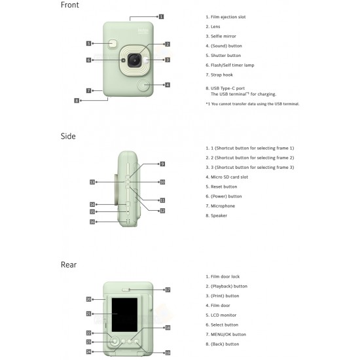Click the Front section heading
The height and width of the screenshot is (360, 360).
click(x=70, y=5)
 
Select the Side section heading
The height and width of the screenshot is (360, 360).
click(x=68, y=136)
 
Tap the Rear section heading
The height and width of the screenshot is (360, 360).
click(x=69, y=264)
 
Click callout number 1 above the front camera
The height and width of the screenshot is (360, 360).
click(x=162, y=16)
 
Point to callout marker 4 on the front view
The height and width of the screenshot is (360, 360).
click(x=168, y=85)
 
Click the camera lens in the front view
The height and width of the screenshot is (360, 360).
click(x=135, y=61)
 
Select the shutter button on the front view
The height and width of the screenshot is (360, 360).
click(x=113, y=44)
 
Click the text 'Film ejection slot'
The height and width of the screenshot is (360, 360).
click(x=228, y=17)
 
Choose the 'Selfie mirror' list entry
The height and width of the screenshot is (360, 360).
click(x=223, y=36)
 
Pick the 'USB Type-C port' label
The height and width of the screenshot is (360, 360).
click(x=228, y=88)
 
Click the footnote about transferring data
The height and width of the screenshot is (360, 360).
click(x=253, y=104)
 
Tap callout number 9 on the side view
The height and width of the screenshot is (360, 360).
click(x=162, y=164)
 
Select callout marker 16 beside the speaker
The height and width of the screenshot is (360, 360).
click(x=92, y=222)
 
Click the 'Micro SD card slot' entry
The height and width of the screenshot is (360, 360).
click(x=229, y=177)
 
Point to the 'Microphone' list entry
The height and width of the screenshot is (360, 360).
click(x=223, y=206)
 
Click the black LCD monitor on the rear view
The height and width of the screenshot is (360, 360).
click(x=124, y=315)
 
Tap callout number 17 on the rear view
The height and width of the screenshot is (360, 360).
click(x=168, y=290)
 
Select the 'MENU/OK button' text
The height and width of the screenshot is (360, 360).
click(x=228, y=334)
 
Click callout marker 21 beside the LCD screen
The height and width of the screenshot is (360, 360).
click(x=88, y=314)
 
